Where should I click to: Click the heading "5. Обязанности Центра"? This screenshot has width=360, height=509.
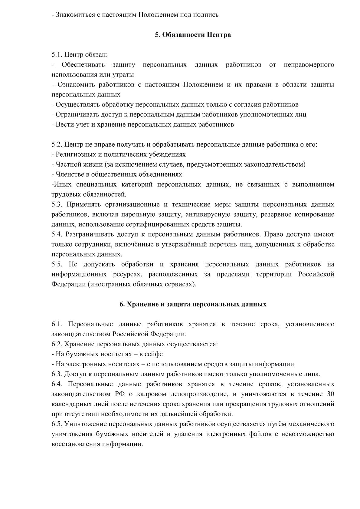(193, 35)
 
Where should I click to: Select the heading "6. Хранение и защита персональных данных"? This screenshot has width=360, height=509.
(193, 304)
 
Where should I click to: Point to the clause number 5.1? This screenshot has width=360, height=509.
(57, 55)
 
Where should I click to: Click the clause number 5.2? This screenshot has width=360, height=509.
(57, 145)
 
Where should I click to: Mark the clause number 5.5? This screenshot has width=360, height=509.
(57, 264)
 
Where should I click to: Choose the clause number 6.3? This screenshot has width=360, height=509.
(57, 374)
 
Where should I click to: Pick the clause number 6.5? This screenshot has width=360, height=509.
(57, 424)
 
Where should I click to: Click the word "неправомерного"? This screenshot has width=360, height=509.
(309, 65)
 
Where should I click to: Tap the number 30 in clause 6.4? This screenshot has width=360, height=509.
(330, 394)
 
